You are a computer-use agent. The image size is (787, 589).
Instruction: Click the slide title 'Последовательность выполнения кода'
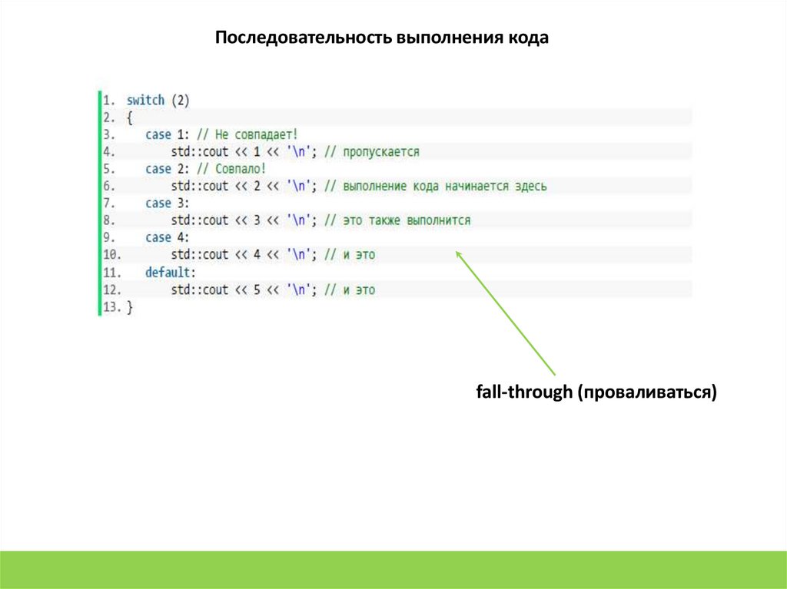382,38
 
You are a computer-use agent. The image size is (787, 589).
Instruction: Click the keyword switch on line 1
145,101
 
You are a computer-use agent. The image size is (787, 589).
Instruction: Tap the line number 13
111,307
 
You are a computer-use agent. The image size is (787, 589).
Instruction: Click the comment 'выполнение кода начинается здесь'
444,186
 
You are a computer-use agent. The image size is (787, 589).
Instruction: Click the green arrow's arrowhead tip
457,252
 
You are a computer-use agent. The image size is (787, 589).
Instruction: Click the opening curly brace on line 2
129,117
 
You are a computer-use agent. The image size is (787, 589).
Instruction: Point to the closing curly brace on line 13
129,307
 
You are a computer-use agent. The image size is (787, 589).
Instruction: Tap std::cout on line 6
200,186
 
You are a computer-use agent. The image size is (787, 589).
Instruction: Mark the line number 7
108,204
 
